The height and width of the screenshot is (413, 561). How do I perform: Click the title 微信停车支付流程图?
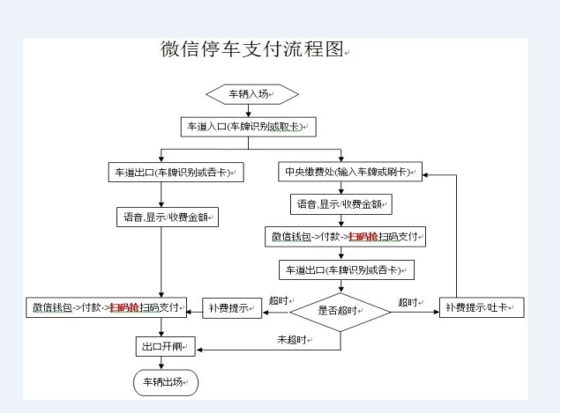[x=251, y=49]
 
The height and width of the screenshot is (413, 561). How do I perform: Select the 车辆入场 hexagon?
[x=251, y=93]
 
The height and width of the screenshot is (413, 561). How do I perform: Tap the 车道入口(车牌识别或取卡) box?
[x=249, y=127]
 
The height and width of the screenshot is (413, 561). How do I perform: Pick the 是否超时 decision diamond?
[x=340, y=310]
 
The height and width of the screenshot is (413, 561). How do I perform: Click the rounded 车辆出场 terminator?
[x=165, y=382]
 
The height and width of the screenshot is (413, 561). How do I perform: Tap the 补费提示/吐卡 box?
[x=482, y=308]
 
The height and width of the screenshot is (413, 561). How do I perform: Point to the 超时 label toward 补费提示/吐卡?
[x=408, y=302]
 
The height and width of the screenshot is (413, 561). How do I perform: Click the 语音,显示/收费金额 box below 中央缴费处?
[x=340, y=204]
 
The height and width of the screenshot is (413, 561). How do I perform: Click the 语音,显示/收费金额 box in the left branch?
[x=167, y=216]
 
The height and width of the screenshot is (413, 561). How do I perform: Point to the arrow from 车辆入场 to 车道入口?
[x=251, y=110]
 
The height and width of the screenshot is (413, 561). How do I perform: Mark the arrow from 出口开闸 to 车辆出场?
[x=161, y=363]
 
